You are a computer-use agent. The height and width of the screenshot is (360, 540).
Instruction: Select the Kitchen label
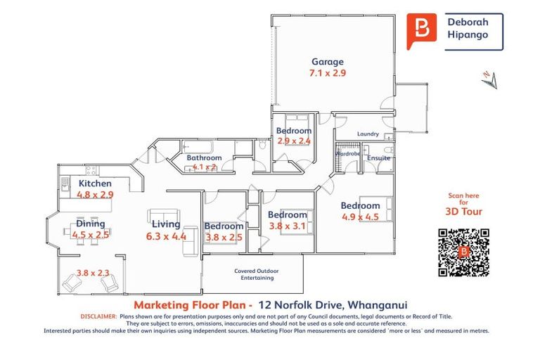click(95, 184)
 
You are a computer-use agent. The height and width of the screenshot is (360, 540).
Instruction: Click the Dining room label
click(91, 224)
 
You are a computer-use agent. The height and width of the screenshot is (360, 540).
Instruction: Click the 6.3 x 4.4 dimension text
click(166, 236)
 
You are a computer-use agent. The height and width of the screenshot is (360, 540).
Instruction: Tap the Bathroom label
click(204, 157)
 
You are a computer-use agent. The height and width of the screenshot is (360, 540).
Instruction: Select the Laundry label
click(368, 134)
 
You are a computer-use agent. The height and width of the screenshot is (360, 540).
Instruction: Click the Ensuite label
click(378, 158)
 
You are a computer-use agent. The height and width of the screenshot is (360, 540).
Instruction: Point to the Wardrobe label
click(347, 153)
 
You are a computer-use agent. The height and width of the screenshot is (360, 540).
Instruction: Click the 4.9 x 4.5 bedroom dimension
click(360, 217)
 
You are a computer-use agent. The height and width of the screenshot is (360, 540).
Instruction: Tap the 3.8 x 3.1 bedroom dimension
click(288, 226)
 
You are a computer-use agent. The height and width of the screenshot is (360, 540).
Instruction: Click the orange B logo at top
click(422, 30)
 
